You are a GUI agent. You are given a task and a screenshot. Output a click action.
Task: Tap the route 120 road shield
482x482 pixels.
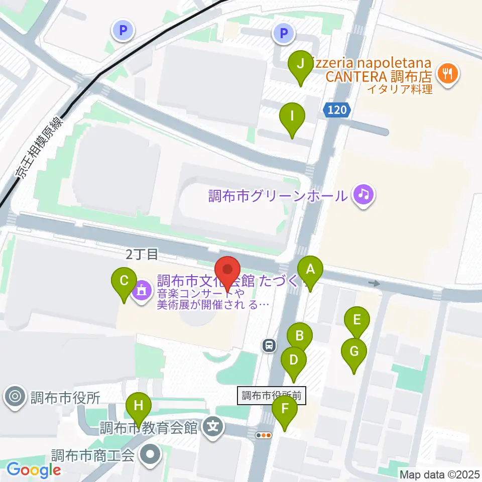336,110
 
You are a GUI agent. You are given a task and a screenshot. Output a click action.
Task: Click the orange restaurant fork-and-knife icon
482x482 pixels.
446,74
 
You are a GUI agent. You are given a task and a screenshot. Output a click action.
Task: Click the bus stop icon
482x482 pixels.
270,345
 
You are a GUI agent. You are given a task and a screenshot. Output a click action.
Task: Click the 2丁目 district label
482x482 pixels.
142,255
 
